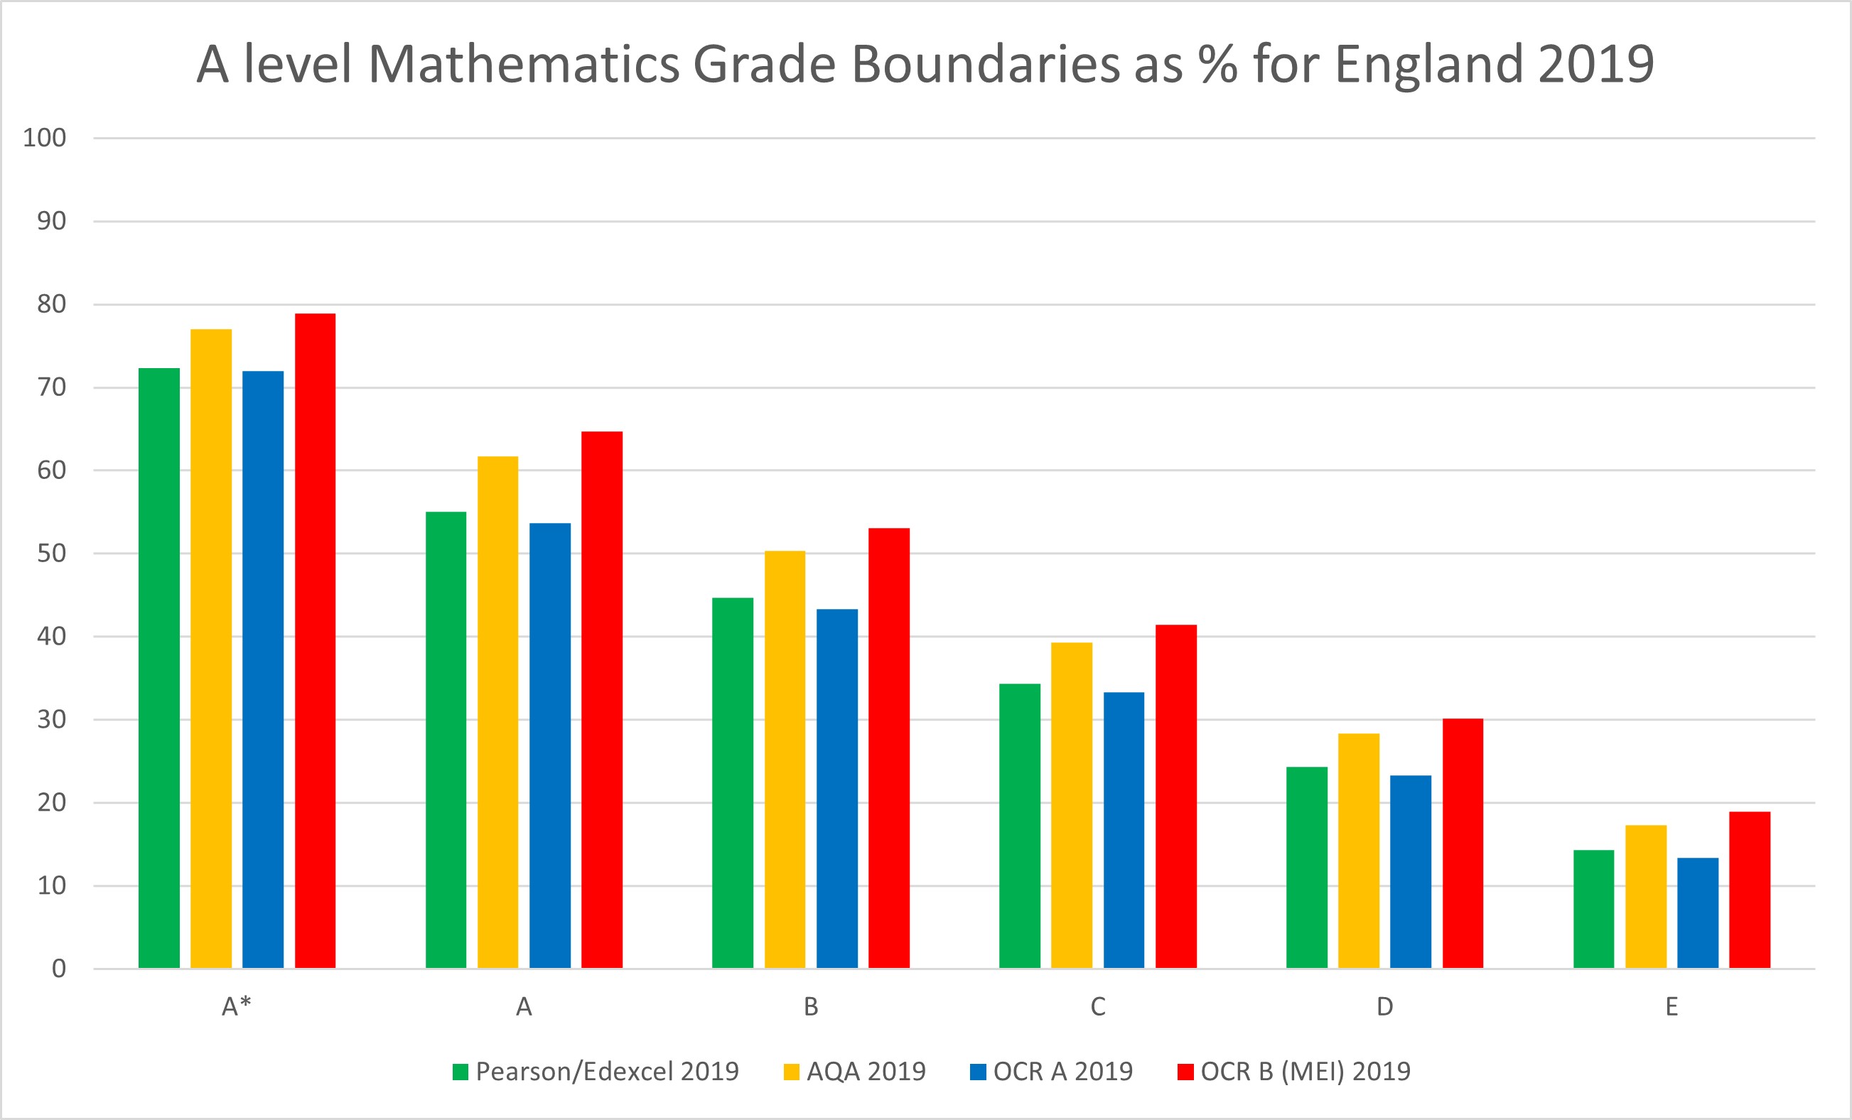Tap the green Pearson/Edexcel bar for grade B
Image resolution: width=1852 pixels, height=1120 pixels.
[733, 782]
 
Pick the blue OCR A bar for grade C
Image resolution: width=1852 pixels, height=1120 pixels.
[1124, 830]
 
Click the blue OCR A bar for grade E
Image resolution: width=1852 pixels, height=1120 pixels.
[1698, 912]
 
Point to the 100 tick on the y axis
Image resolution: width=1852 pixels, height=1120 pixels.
[44, 138]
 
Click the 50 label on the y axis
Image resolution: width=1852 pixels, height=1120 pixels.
[51, 553]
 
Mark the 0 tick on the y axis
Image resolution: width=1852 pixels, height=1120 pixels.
[58, 968]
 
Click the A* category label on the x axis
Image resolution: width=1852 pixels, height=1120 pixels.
[237, 1006]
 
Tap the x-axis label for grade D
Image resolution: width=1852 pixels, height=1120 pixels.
[1384, 1006]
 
